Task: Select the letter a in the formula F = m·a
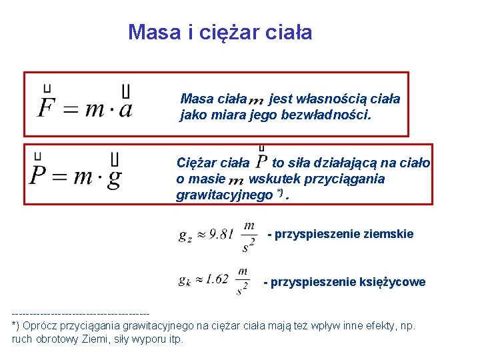[x=125, y=108]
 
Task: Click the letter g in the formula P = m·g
[x=115, y=176]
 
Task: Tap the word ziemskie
[x=389, y=234]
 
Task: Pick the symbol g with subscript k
[x=185, y=280]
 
